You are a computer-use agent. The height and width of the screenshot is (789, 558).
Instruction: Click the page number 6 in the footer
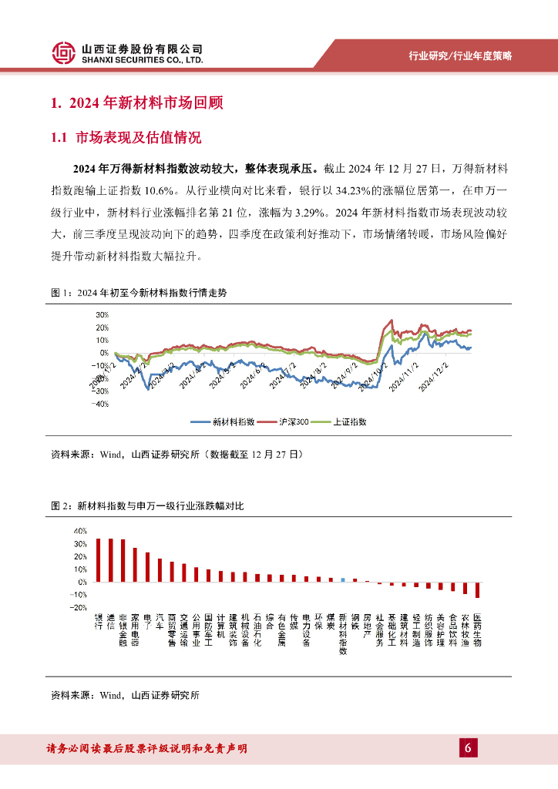[468, 748]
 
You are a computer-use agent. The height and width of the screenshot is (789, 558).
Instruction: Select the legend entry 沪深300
[287, 421]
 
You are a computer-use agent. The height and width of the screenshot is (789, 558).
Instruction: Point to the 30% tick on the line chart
[103, 315]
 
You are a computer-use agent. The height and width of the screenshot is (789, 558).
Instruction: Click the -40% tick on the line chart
[101, 403]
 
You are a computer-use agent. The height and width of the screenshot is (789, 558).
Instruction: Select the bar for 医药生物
[478, 589]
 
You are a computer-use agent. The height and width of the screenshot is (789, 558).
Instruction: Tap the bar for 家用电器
[135, 565]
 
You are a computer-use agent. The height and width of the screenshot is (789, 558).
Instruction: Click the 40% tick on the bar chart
[79, 531]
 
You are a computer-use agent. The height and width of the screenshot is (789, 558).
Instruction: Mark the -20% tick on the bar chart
[79, 607]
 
